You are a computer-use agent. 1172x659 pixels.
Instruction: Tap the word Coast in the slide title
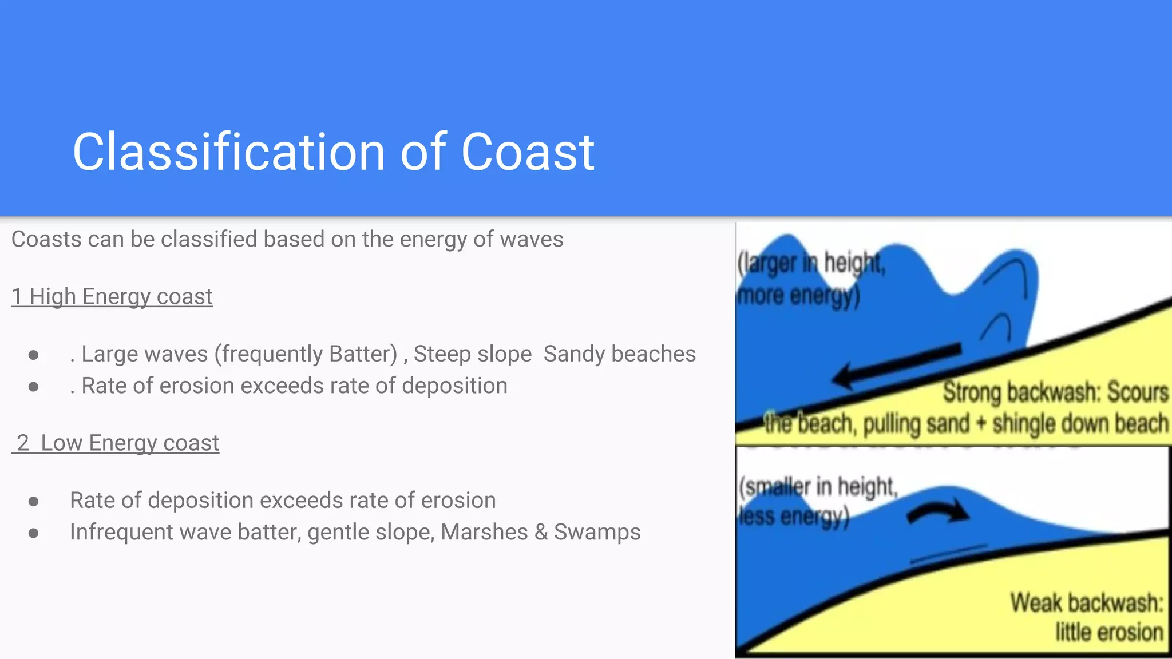click(528, 152)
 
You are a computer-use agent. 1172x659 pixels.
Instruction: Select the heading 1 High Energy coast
click(112, 297)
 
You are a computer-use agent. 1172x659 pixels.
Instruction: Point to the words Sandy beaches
click(619, 354)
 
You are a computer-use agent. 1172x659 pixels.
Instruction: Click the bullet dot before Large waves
click(34, 355)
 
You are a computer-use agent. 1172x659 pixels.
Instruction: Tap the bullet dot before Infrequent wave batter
click(34, 534)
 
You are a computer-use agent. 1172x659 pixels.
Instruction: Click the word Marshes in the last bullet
click(484, 533)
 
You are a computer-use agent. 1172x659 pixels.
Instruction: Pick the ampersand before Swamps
click(541, 533)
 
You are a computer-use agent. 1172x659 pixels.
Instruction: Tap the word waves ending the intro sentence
click(532, 240)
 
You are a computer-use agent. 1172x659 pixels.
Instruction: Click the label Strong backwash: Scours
click(1055, 392)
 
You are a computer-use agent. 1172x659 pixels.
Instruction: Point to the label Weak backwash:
click(1086, 603)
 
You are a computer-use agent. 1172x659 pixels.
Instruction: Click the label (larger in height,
click(811, 263)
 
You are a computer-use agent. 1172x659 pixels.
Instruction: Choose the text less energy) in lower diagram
click(793, 517)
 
